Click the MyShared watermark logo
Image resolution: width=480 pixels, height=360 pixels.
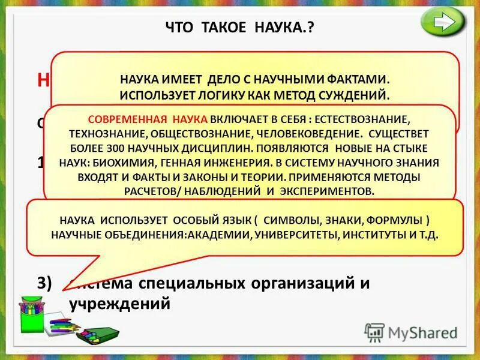point(412,332)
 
